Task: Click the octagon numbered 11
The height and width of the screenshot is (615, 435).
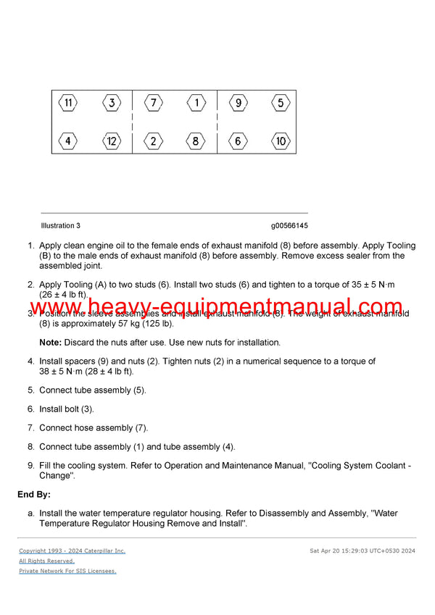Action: coord(68,103)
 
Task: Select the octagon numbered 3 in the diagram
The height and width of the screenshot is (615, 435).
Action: coord(111,103)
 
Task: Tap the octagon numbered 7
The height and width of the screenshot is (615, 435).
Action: coord(153,103)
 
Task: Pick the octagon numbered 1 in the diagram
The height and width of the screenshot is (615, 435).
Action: coord(196,103)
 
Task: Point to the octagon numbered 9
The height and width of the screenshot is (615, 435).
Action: coord(238,103)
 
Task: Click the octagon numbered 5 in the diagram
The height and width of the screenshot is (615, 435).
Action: coord(281,103)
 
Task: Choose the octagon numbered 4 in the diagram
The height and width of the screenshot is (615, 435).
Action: coord(68,141)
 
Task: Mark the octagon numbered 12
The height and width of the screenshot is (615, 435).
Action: coord(111,141)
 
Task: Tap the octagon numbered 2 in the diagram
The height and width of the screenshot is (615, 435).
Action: coord(153,141)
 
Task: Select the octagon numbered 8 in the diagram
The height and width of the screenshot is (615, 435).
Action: coord(196,141)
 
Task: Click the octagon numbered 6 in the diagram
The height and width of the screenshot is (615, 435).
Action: coord(238,141)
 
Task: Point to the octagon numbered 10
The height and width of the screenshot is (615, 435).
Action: coord(281,141)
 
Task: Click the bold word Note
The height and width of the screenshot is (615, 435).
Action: coord(50,342)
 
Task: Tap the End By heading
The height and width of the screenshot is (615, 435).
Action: coord(34,495)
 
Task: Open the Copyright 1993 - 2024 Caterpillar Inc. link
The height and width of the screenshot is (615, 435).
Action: coord(72,551)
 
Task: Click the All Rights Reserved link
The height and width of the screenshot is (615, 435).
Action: coord(46,561)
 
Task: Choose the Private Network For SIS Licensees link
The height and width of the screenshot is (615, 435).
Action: coord(67,572)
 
